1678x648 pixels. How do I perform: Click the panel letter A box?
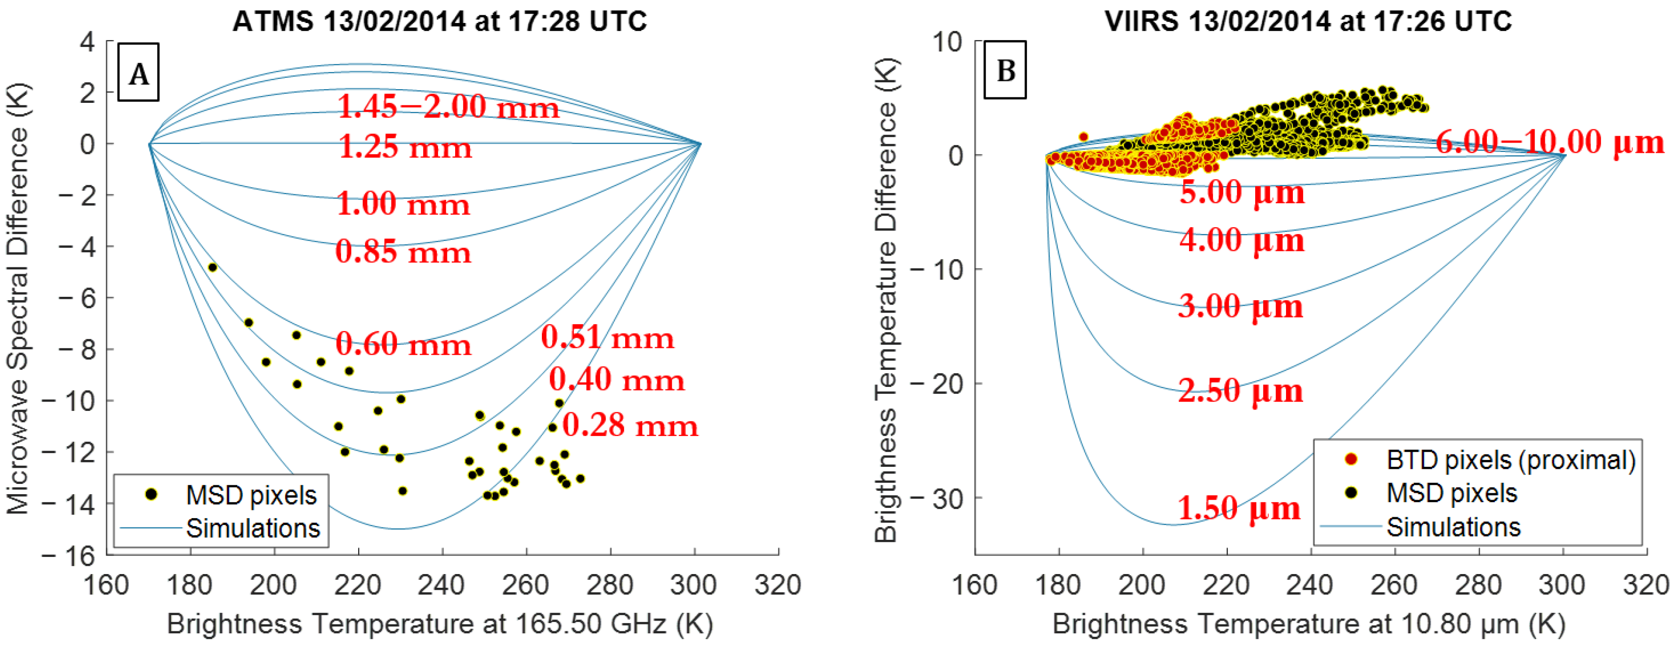click(x=138, y=73)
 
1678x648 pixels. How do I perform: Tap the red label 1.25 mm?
click(x=405, y=147)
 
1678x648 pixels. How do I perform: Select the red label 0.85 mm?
click(x=403, y=252)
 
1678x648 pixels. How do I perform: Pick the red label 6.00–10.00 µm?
click(x=1549, y=142)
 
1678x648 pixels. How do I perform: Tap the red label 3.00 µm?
click(x=1240, y=306)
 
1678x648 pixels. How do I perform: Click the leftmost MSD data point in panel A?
click(x=212, y=267)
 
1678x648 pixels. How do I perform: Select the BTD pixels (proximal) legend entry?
click(x=1510, y=460)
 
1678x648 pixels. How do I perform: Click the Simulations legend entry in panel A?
click(x=252, y=528)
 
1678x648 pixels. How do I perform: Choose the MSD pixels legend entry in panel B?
click(x=1451, y=493)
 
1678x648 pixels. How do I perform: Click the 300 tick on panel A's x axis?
click(x=694, y=585)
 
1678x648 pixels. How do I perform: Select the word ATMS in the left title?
click(x=273, y=22)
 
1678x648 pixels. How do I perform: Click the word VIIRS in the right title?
click(x=1141, y=22)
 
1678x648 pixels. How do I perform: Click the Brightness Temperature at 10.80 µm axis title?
click(x=1308, y=624)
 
